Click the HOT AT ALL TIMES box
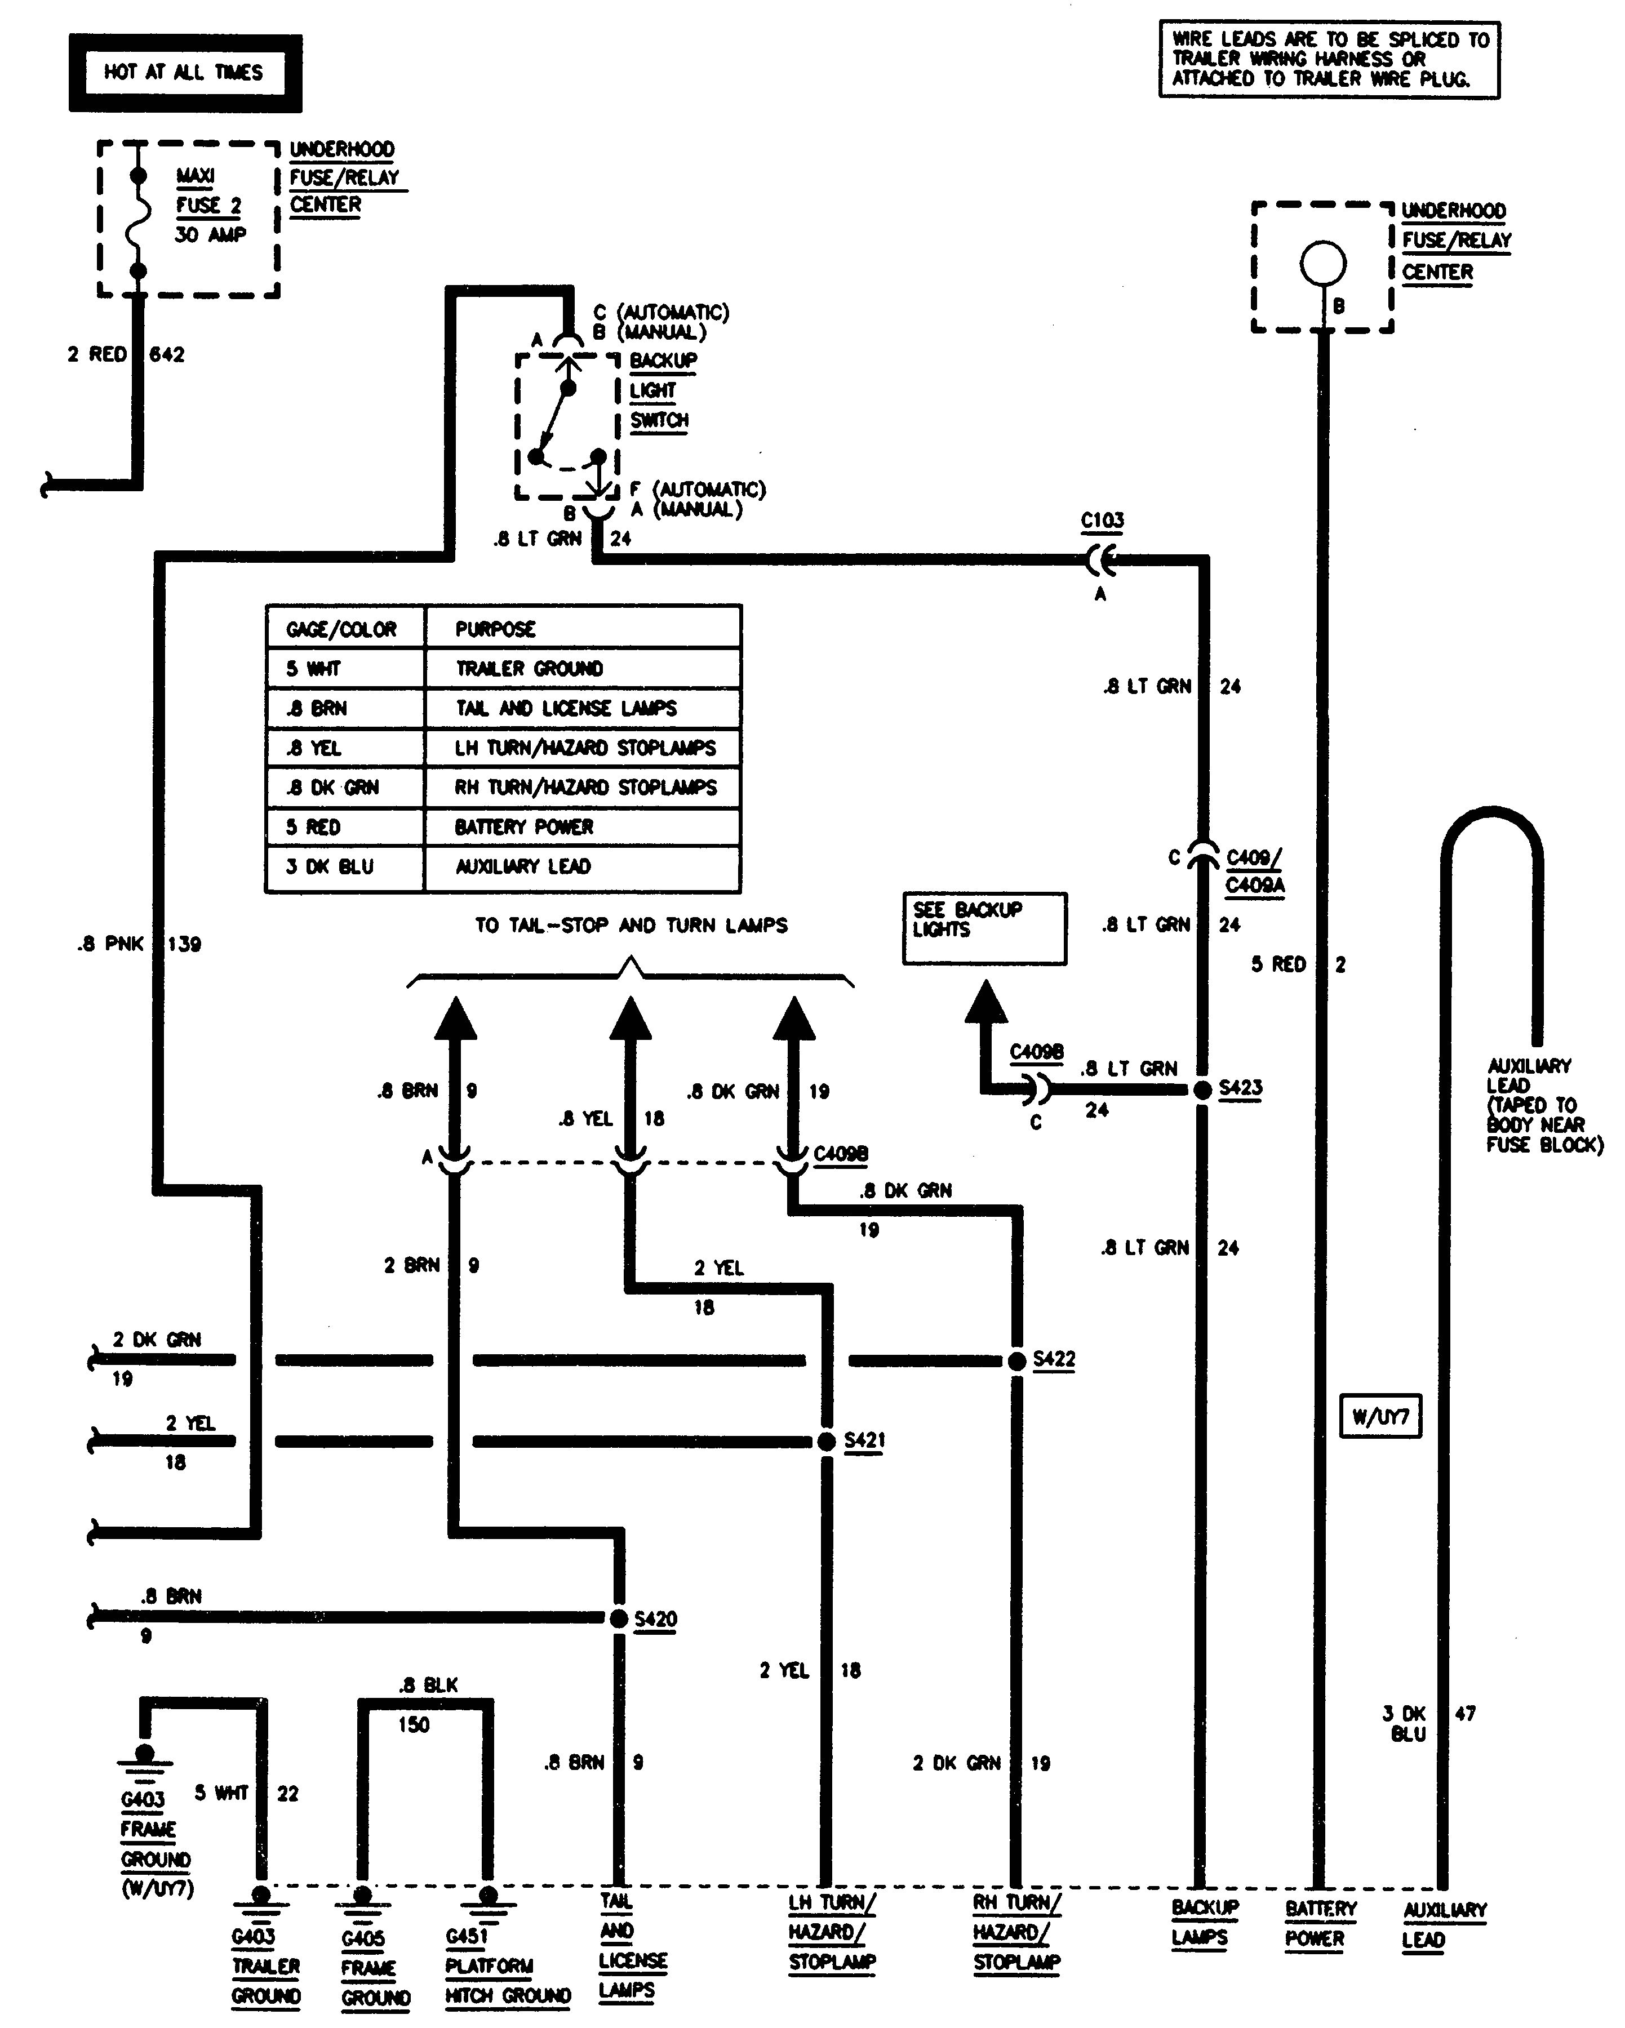184,73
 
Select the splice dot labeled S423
1202,1090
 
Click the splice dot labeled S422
1016,1361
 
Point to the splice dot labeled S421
826,1441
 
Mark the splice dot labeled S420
618,1619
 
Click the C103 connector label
1102,520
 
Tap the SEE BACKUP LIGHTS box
984,928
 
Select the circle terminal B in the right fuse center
1323,264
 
